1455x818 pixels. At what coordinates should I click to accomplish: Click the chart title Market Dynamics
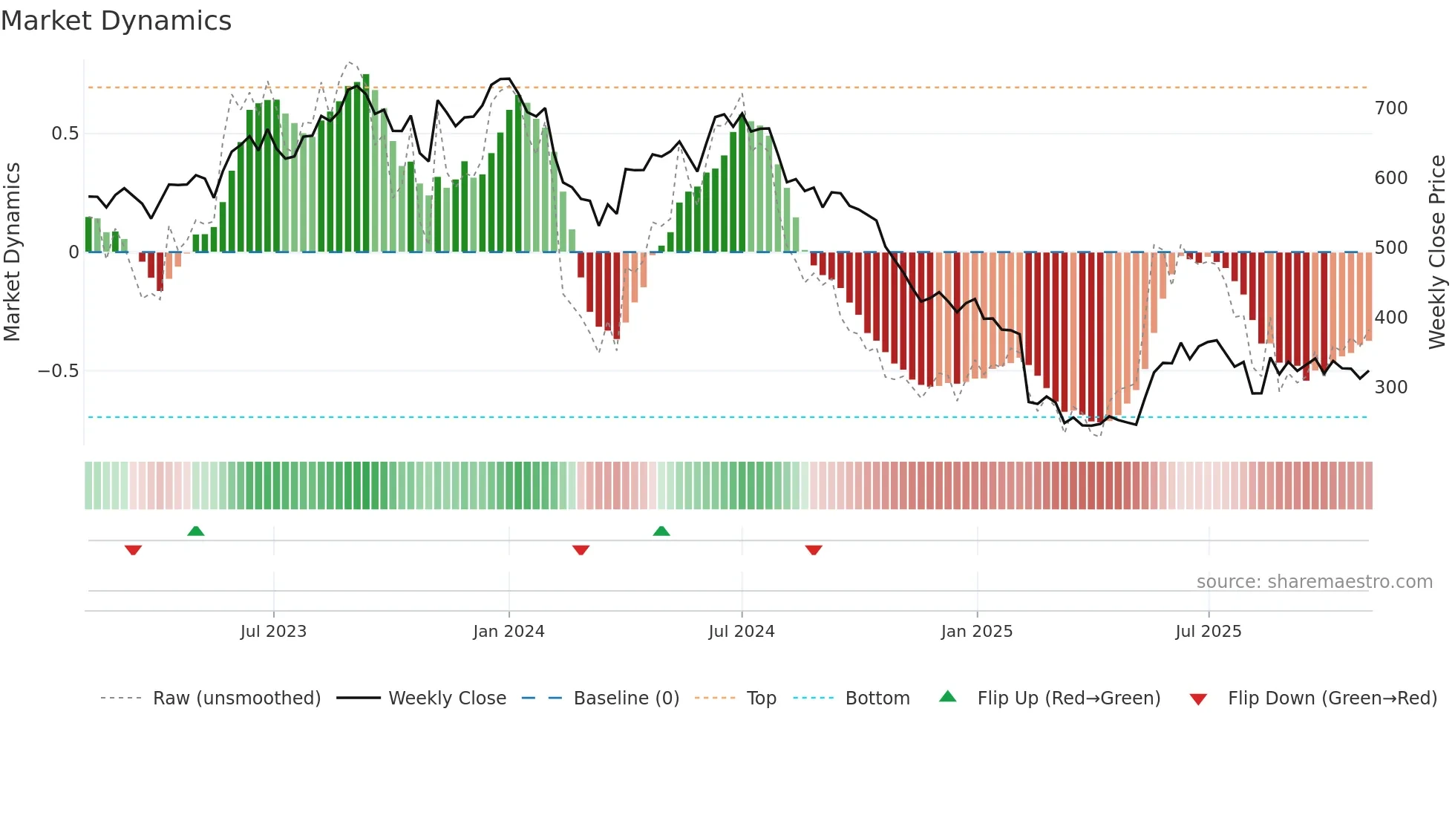117,21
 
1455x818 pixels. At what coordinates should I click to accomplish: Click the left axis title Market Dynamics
12,252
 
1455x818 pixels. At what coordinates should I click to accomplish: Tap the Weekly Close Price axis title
1437,252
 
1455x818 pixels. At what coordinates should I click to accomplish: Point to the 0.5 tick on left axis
65,134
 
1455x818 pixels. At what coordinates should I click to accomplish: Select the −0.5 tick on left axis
59,370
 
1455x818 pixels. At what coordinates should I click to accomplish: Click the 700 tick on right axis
1390,108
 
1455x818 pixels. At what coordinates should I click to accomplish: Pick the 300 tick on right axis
1390,387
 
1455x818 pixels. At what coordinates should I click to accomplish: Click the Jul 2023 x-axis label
273,632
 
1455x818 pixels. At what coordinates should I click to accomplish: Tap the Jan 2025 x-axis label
976,632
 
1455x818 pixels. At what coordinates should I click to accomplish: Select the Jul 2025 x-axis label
1208,632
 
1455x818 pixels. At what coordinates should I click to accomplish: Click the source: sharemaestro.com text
1314,582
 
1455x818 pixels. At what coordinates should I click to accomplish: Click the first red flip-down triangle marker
133,550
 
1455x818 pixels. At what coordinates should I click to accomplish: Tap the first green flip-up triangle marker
195,531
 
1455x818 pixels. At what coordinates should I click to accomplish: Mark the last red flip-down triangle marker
814,550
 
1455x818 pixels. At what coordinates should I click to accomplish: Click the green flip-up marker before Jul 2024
661,531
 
